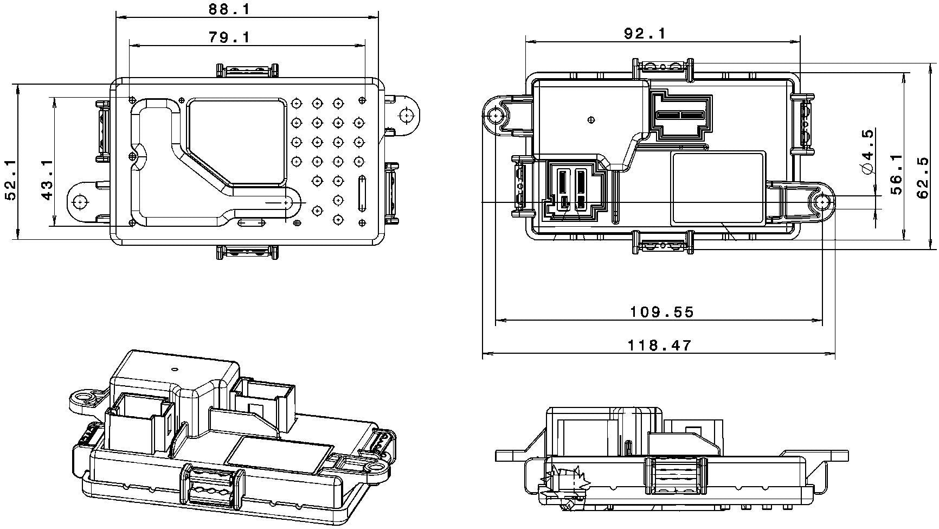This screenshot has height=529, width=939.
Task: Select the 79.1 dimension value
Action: pyautogui.click(x=229, y=37)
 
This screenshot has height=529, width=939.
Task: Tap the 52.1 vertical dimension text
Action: pyautogui.click(x=10, y=180)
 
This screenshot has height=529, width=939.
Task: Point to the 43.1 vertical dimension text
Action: pyautogui.click(x=47, y=180)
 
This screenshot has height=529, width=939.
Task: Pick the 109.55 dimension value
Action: pyautogui.click(x=661, y=312)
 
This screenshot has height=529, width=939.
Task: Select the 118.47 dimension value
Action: pyautogui.click(x=659, y=345)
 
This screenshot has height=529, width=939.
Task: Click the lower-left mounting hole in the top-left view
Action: pyautogui.click(x=80, y=201)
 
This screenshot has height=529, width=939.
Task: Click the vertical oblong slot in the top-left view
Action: pyautogui.click(x=361, y=193)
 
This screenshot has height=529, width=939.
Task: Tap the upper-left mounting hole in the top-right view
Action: pyautogui.click(x=494, y=116)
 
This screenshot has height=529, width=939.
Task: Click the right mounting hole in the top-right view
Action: pyautogui.click(x=823, y=202)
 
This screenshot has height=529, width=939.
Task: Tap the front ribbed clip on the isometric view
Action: pyautogui.click(x=210, y=486)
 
